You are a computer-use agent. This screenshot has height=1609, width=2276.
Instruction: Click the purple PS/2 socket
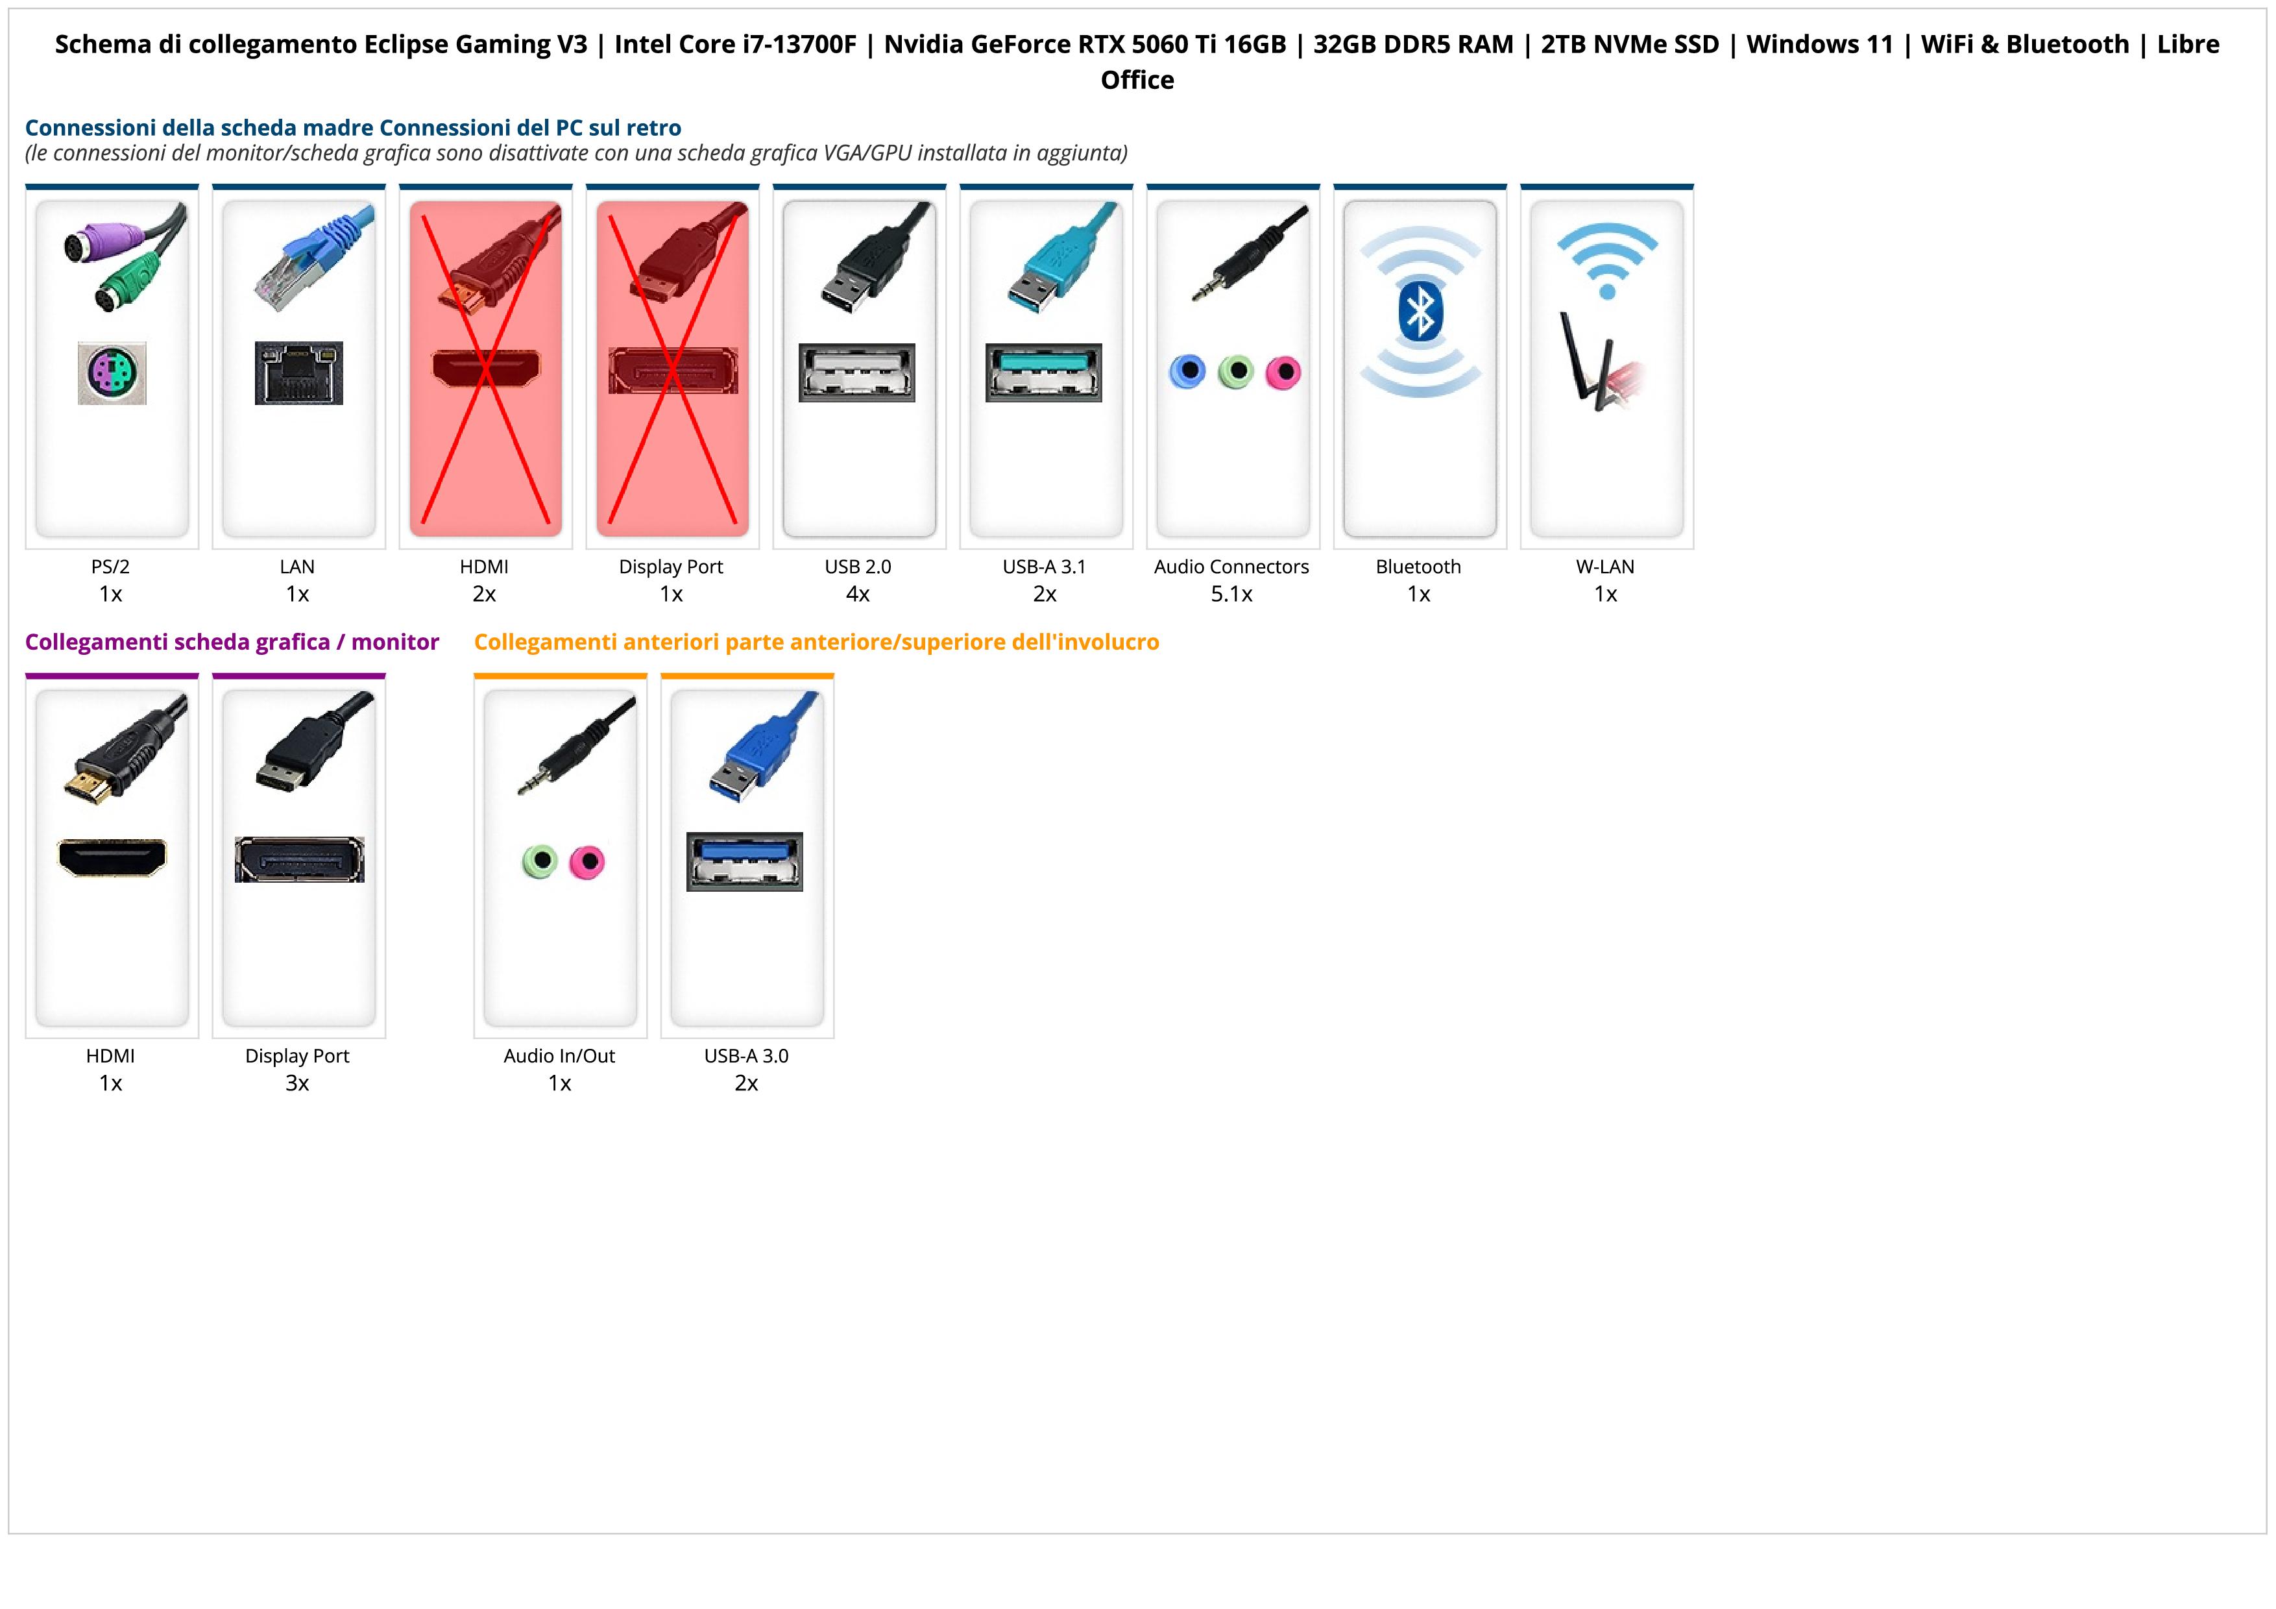(x=112, y=373)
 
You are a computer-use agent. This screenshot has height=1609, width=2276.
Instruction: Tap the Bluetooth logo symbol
(x=1420, y=310)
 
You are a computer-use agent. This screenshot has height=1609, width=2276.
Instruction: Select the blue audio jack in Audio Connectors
(x=1187, y=372)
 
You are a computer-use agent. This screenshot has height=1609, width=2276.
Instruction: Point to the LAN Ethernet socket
(x=298, y=373)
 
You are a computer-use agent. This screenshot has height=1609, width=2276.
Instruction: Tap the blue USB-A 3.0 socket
(x=744, y=861)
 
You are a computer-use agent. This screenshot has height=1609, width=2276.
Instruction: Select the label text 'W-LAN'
(x=1605, y=567)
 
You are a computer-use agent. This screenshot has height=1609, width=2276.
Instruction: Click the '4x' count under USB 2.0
(x=858, y=595)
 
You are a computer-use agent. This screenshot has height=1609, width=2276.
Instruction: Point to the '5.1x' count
(x=1231, y=595)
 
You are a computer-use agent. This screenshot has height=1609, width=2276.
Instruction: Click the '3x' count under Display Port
(x=297, y=1083)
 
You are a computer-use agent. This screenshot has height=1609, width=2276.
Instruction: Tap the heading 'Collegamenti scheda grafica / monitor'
(x=232, y=643)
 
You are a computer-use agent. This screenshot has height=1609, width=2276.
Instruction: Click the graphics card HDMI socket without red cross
(x=112, y=857)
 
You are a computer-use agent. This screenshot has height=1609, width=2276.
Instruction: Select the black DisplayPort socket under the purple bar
(x=299, y=859)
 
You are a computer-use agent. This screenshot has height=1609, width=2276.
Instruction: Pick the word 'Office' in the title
(x=1137, y=80)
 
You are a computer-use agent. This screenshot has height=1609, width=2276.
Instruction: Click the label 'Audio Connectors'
(x=1231, y=567)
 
